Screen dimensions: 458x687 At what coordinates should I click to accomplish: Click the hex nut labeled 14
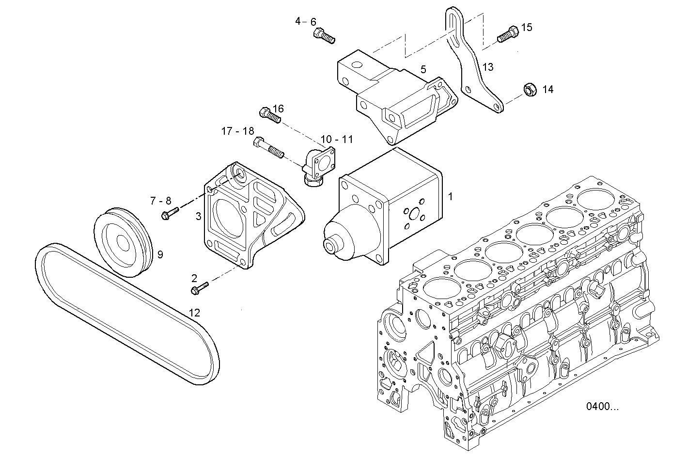pos(529,89)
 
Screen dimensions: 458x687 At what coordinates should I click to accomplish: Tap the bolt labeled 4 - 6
pos(324,35)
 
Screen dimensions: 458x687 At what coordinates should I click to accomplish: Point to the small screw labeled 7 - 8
pos(170,213)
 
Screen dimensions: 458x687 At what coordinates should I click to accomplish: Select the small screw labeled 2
pos(199,288)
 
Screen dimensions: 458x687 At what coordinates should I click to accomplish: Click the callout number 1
pos(450,197)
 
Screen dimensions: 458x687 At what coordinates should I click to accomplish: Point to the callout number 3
pos(198,216)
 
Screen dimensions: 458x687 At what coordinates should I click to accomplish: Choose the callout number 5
pos(423,69)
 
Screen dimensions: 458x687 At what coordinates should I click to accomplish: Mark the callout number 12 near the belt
pos(194,313)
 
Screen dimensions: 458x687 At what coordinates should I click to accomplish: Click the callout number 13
pos(488,67)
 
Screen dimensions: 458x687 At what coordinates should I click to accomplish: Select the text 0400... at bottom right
pos(602,407)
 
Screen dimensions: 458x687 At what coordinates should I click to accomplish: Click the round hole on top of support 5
pos(357,65)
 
